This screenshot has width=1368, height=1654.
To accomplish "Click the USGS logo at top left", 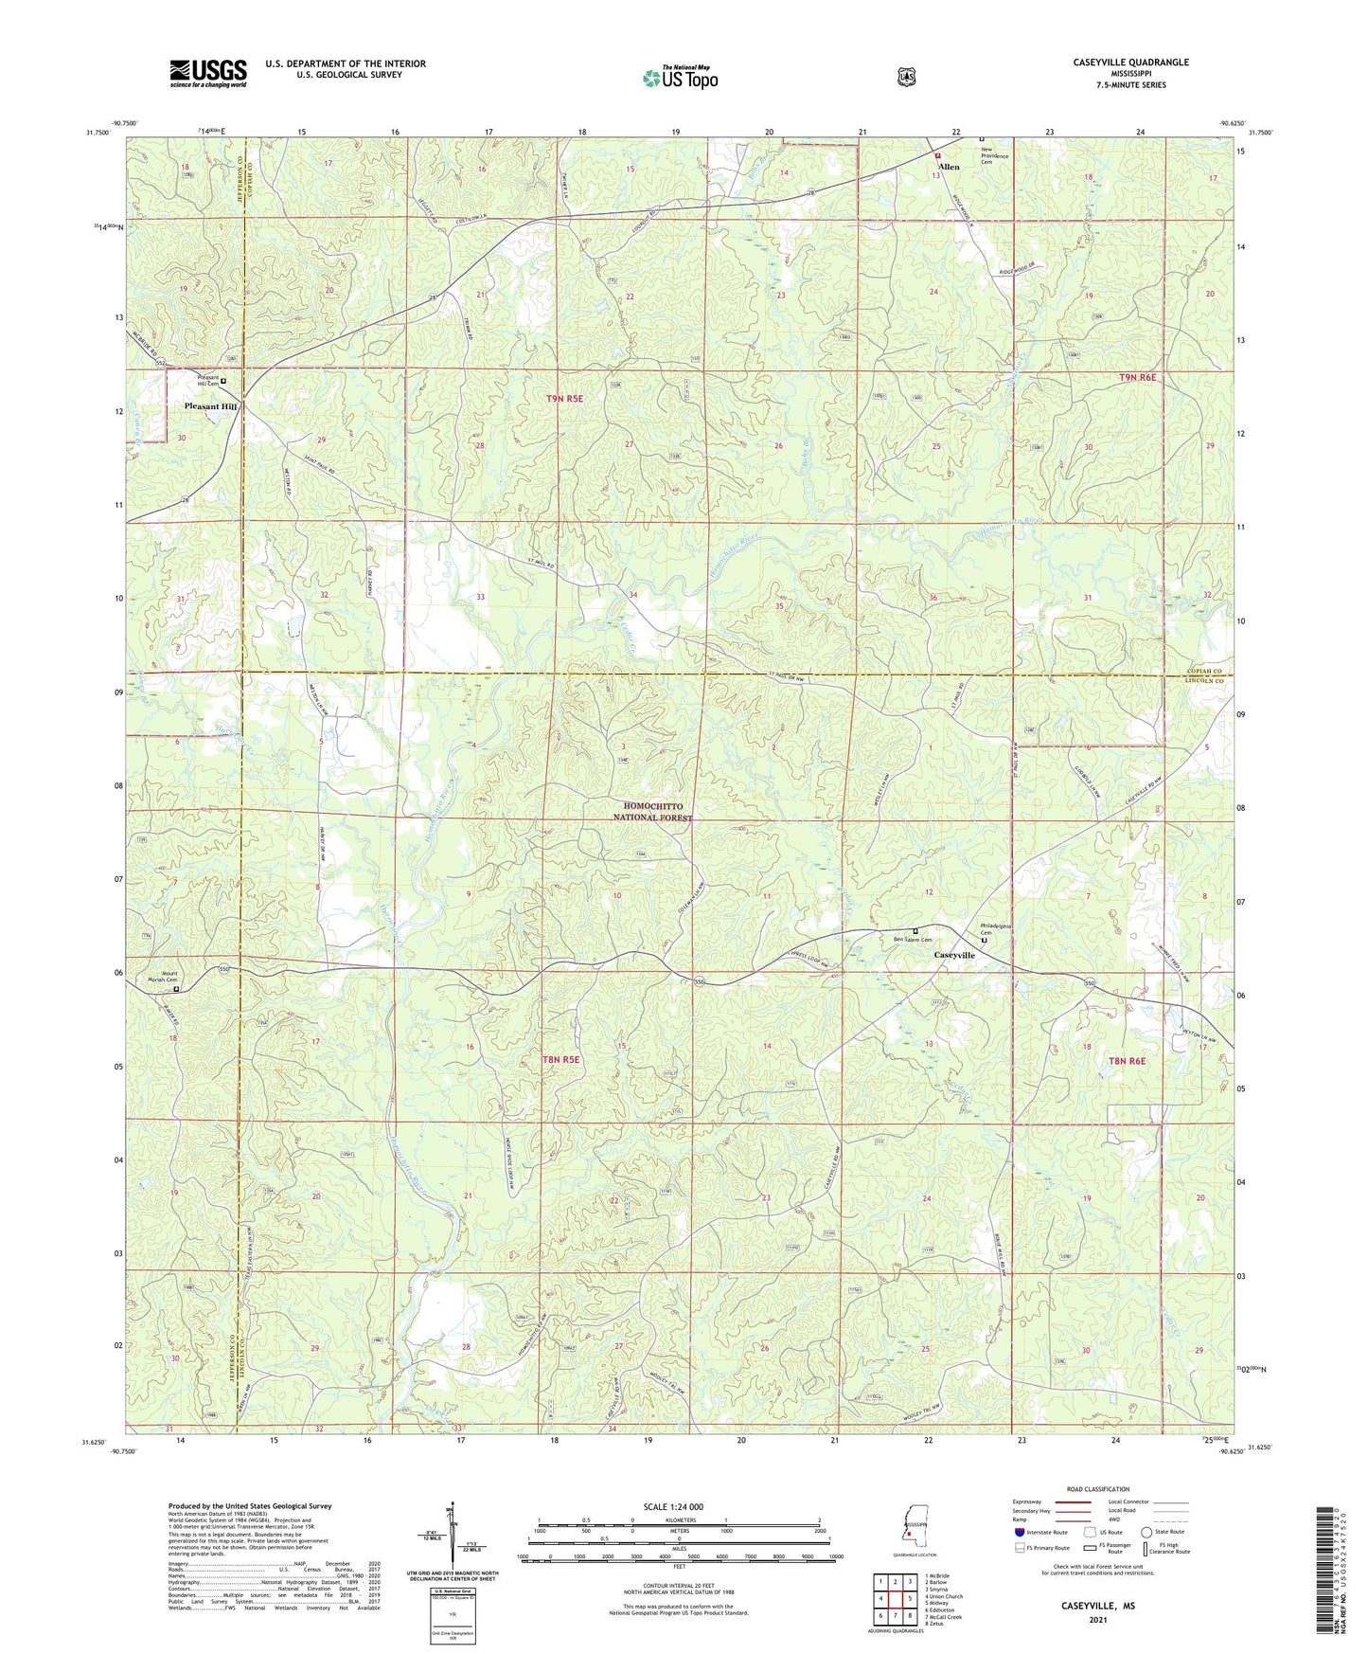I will (208, 73).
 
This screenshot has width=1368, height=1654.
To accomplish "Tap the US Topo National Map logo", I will (680, 78).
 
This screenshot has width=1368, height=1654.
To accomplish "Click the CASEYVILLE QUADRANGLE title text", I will (1130, 63).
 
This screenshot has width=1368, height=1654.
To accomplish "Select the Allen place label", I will (949, 167).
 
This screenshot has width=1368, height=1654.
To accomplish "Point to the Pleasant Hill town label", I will (210, 406).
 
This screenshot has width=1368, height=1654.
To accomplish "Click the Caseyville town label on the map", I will (954, 955).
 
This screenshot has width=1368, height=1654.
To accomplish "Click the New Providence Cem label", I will (994, 153).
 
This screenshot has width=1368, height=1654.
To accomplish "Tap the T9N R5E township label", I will (564, 399).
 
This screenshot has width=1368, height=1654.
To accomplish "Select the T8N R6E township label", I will (1128, 1061).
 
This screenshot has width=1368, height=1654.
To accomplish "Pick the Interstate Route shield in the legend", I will (1020, 1532).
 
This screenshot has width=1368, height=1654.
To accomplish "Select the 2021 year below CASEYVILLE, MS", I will (1097, 1618).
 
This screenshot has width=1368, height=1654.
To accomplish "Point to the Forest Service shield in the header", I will (906, 76).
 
